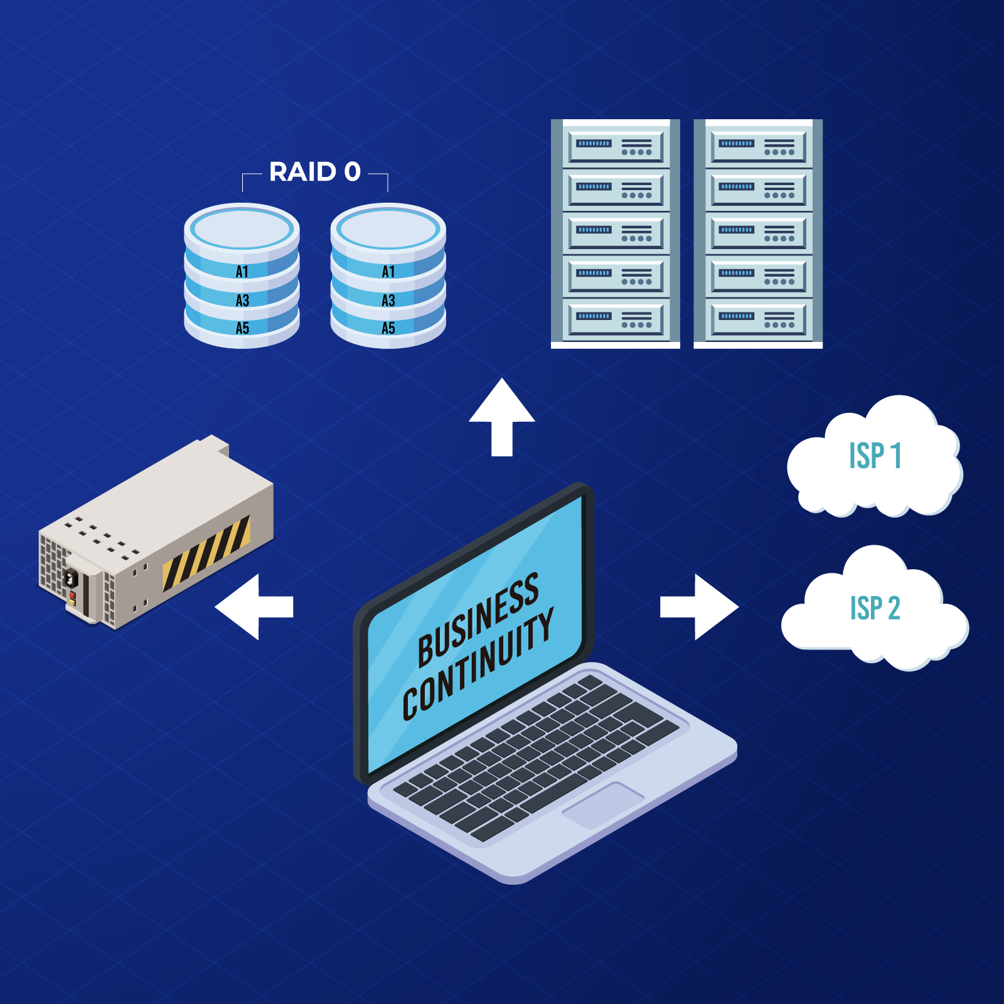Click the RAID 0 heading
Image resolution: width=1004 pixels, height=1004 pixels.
pos(314,172)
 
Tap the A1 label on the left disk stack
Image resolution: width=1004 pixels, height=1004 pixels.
pos(242,272)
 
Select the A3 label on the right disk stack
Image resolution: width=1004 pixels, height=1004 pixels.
pos(388,301)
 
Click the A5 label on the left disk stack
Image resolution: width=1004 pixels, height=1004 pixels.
pos(242,328)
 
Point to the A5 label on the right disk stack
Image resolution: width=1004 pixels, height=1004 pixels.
pos(388,328)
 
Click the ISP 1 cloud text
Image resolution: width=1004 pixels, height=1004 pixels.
pos(875,456)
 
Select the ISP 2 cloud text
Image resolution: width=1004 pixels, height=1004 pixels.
pos(875,608)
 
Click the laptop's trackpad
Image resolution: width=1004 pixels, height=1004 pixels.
pos(603,805)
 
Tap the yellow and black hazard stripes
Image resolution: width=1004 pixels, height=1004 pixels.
pos(206,553)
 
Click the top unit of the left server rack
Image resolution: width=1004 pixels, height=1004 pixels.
pos(615,147)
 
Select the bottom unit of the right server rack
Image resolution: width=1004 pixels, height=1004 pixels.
pos(758,320)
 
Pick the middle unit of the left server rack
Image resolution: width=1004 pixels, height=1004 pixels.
pos(615,233)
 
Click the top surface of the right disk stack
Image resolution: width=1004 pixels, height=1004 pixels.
pos(388,228)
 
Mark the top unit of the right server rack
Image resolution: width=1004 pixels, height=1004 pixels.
pos(758,147)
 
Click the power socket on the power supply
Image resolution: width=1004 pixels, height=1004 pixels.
pos(70,577)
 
